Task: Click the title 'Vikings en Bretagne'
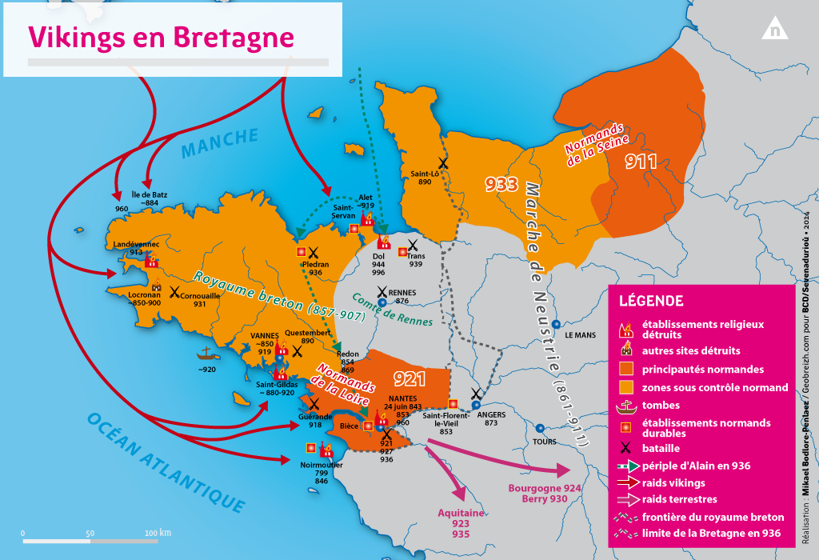pyautogui.click(x=161, y=37)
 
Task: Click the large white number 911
pyautogui.click(x=641, y=162)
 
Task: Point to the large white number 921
pyautogui.click(x=409, y=378)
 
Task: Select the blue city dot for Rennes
pyautogui.click(x=382, y=302)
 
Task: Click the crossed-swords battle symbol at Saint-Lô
pyautogui.click(x=442, y=162)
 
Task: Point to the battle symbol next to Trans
pyautogui.click(x=413, y=246)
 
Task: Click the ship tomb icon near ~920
pyautogui.click(x=206, y=353)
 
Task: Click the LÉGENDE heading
pyautogui.click(x=651, y=301)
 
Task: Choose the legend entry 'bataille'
pyautogui.click(x=660, y=448)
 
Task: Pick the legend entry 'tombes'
pyautogui.click(x=661, y=405)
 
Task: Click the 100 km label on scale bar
pyautogui.click(x=158, y=533)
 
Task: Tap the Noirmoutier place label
pyautogui.click(x=321, y=465)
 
